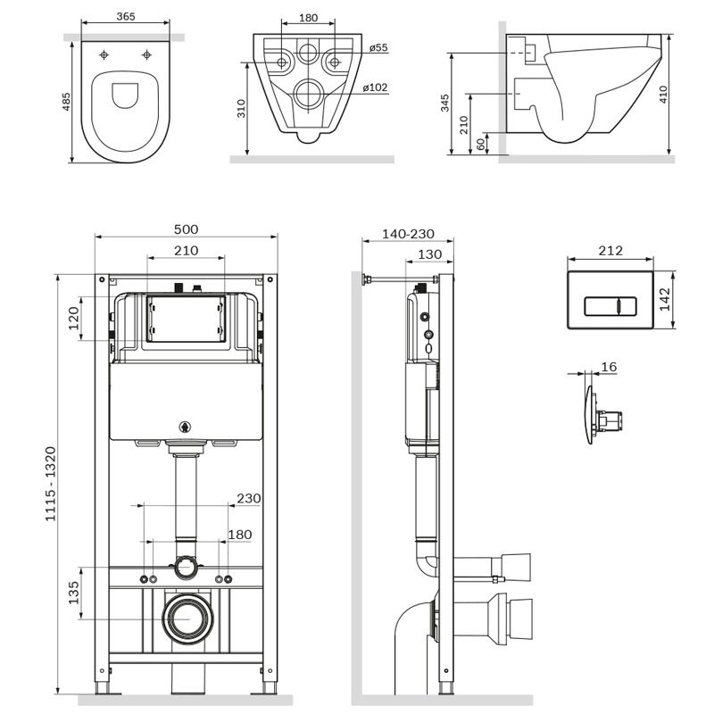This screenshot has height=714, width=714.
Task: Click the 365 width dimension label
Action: click(x=126, y=16)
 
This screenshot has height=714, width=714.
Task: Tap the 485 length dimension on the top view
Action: click(x=66, y=102)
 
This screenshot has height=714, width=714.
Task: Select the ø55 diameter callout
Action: click(x=378, y=47)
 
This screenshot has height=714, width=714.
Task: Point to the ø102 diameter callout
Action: click(x=375, y=87)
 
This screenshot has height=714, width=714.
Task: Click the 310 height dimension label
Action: click(x=241, y=108)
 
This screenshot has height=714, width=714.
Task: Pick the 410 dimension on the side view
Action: click(x=663, y=95)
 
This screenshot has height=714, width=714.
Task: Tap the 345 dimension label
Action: click(x=444, y=103)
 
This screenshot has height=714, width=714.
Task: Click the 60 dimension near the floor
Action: click(x=480, y=144)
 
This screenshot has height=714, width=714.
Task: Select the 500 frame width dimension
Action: click(x=187, y=229)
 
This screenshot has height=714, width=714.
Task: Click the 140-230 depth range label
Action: click(x=408, y=234)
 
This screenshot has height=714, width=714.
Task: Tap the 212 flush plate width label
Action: click(x=610, y=251)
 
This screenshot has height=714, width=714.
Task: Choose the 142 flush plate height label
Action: click(x=665, y=299)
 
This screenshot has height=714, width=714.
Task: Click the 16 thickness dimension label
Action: click(x=609, y=367)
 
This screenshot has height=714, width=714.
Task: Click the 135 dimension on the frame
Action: click(x=74, y=593)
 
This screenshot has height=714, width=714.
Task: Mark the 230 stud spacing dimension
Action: click(x=249, y=498)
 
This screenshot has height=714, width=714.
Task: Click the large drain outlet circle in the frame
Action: click(x=187, y=619)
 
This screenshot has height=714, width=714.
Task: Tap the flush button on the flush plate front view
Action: click(x=610, y=305)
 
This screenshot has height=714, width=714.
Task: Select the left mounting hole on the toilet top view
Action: click(x=104, y=55)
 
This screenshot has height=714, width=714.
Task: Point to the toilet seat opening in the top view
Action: click(x=125, y=95)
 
